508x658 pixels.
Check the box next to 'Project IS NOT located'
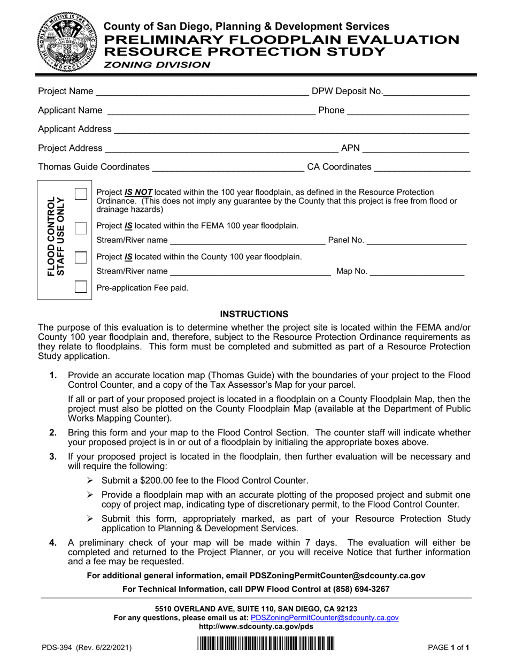coord(81,194)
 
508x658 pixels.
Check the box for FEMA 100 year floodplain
coord(81,229)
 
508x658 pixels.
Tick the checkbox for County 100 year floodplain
coord(81,258)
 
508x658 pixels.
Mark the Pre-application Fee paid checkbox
coord(81,287)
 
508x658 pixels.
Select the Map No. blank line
coord(417,272)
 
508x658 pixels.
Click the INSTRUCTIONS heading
coord(255,313)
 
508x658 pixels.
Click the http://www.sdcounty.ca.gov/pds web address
coord(256,626)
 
